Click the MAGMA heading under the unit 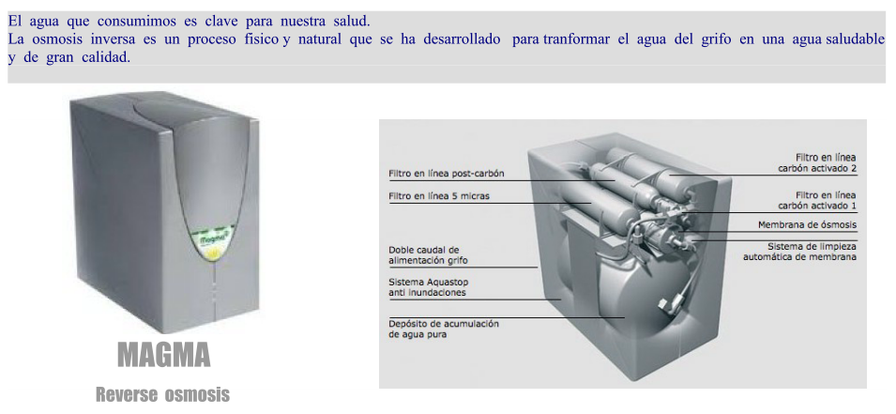(164, 354)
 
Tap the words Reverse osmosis (163, 394)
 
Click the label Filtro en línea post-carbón (447, 174)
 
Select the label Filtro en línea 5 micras (439, 196)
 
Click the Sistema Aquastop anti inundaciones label (428, 287)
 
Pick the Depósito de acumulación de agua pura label (444, 330)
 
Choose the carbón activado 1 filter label (818, 200)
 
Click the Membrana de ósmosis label (808, 224)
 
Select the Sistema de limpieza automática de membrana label (800, 252)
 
